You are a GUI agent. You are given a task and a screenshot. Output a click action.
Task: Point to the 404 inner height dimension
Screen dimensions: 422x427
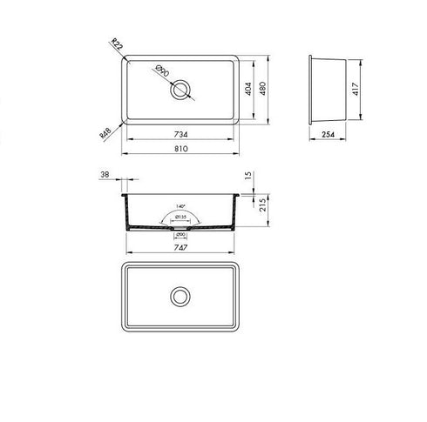coord(248,91)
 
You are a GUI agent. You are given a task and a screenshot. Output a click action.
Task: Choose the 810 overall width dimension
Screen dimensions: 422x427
coord(180,151)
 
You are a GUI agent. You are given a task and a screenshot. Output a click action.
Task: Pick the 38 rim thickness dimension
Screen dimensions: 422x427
coord(105,175)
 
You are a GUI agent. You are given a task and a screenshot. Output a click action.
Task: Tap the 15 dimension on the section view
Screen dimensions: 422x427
coord(248,176)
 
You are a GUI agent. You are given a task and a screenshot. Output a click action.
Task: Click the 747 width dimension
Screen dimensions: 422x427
coord(180,246)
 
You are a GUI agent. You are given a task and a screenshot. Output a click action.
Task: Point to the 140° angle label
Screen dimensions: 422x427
coord(181,198)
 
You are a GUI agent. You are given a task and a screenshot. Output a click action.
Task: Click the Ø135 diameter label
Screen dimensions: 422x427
coord(181,216)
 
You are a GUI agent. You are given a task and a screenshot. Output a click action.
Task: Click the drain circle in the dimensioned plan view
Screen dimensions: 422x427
coord(182,90)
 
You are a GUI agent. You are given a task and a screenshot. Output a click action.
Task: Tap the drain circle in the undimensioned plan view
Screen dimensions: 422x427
coord(182,296)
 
